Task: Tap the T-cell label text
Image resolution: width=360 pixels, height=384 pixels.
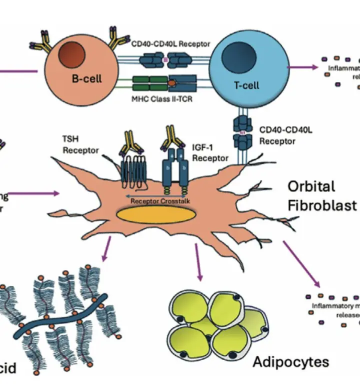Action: click(246, 85)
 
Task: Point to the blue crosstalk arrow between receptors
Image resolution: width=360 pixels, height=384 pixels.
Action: click(150, 196)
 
